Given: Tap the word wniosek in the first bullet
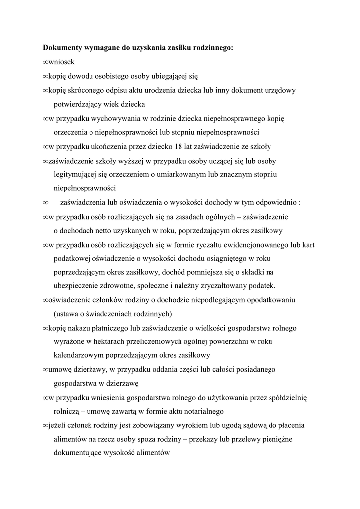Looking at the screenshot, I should (x=61, y=62).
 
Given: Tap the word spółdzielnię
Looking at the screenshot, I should (x=288, y=398).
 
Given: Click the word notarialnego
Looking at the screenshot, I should (x=198, y=412).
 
